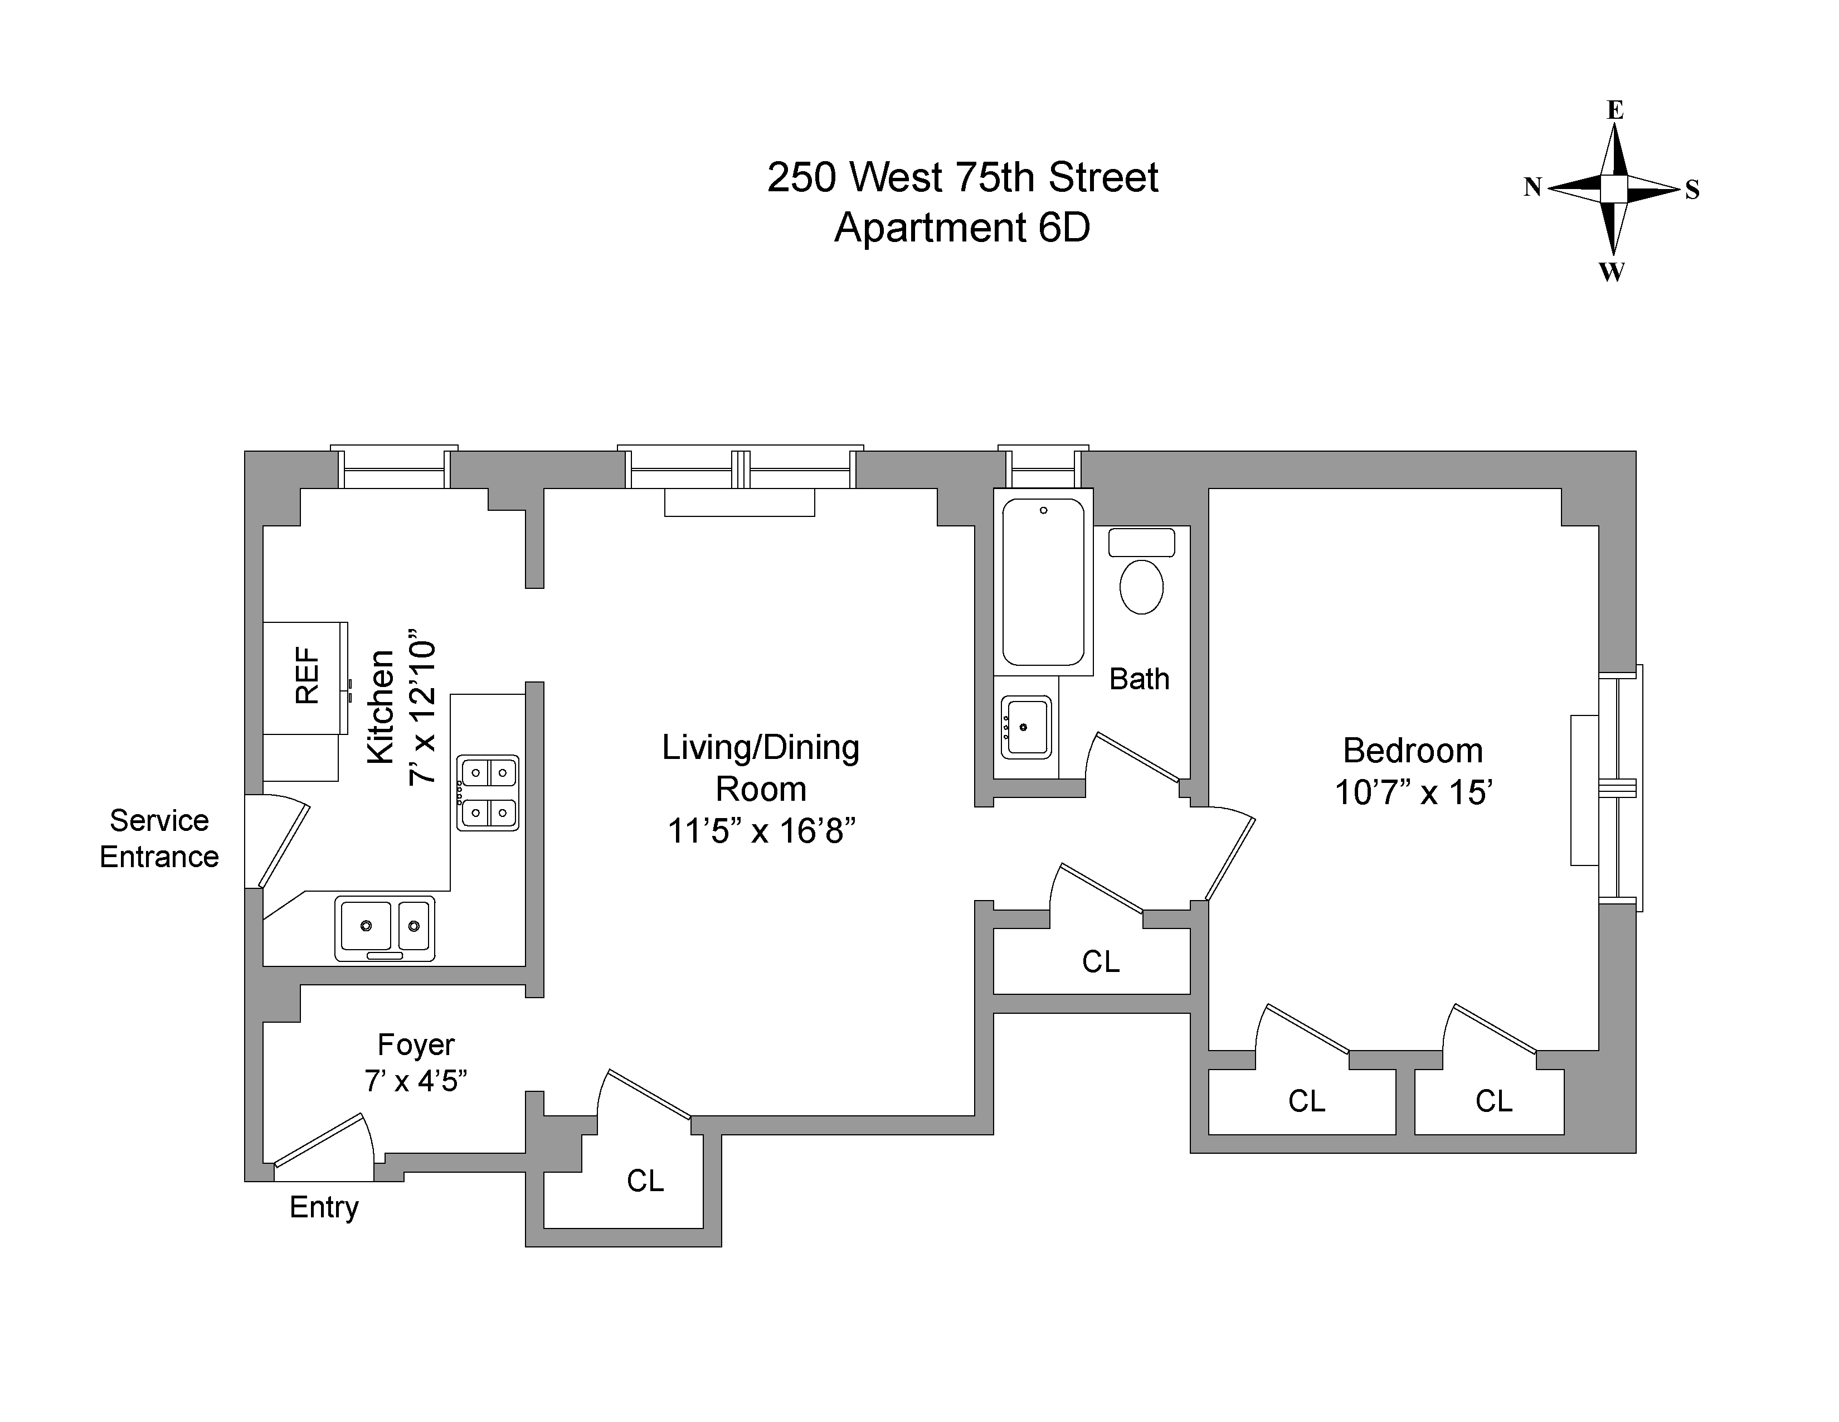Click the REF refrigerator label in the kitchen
[x=308, y=676]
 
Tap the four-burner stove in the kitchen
[x=488, y=793]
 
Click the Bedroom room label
[x=1412, y=751]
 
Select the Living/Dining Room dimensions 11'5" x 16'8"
[x=761, y=831]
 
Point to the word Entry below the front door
[x=324, y=1207]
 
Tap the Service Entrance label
[x=159, y=838]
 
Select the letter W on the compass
[x=1612, y=271]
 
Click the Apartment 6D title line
[x=962, y=228]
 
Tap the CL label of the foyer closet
[x=645, y=1181]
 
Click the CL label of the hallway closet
[x=1101, y=961]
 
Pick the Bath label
[x=1139, y=679]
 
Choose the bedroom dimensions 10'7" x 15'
[x=1414, y=793]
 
